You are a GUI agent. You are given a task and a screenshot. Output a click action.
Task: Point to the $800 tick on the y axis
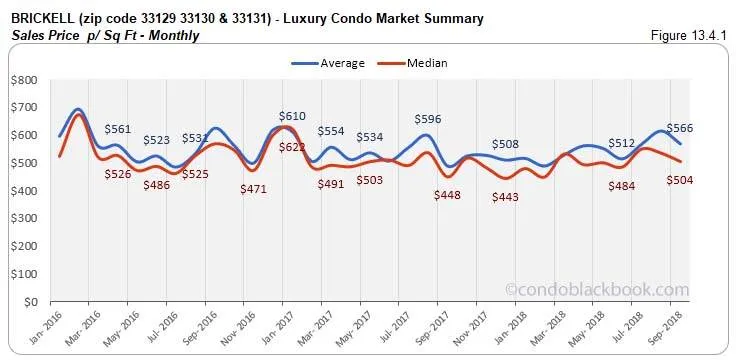click(25, 80)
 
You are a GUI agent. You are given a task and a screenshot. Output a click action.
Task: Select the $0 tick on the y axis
click(32, 301)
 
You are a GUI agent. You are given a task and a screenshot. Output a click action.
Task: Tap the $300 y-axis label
click(25, 218)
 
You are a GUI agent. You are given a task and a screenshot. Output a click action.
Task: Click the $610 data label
click(292, 117)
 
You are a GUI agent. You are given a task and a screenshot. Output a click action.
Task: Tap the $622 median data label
click(292, 147)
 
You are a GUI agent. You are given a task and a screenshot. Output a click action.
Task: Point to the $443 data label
click(506, 198)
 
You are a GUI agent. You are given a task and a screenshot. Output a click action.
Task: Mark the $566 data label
click(679, 128)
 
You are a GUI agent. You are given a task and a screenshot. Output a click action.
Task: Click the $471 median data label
click(253, 188)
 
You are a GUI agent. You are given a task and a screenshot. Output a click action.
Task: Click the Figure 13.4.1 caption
click(687, 36)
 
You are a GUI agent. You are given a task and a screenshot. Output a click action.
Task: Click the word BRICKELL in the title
click(41, 19)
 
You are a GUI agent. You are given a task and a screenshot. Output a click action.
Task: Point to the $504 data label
click(679, 180)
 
